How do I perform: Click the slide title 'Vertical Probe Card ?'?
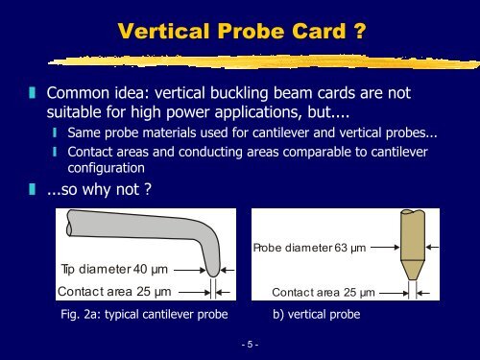(239, 32)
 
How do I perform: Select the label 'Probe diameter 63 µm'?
(309, 249)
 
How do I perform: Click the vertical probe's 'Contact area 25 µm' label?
(322, 290)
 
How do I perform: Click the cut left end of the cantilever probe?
(66, 229)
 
